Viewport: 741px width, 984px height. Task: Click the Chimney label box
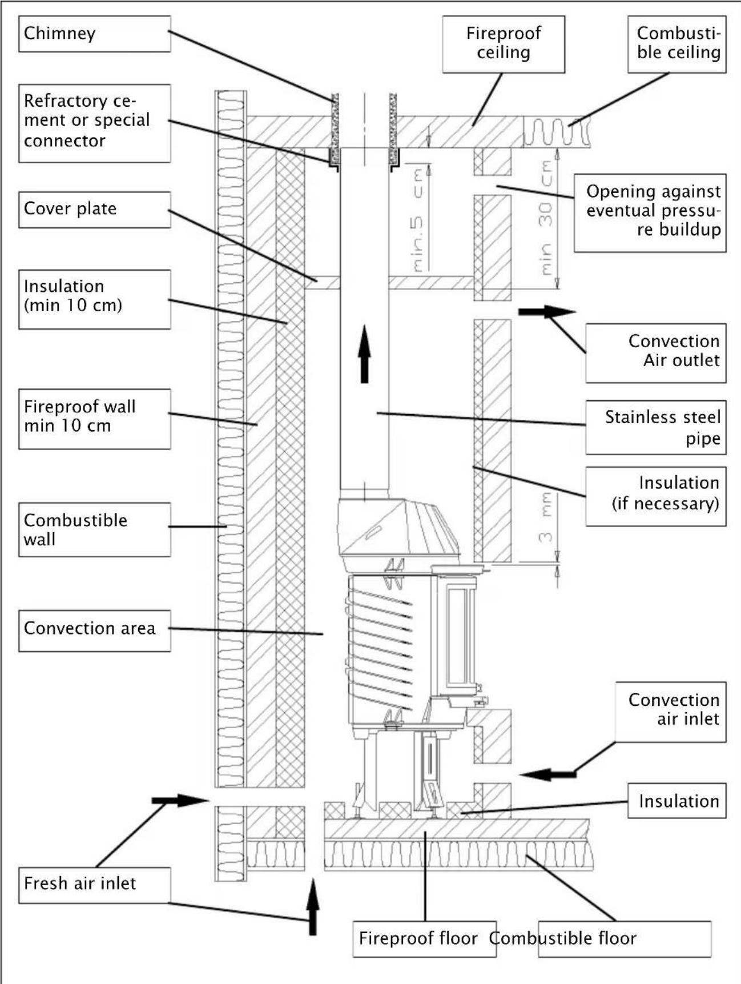click(94, 34)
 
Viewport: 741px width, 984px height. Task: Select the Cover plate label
click(94, 209)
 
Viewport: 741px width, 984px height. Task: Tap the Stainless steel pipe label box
click(655, 427)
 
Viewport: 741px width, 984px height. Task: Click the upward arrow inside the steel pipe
click(365, 354)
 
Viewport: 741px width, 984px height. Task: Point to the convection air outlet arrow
click(546, 312)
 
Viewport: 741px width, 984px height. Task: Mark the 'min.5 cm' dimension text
click(418, 220)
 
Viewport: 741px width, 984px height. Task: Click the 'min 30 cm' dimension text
click(546, 217)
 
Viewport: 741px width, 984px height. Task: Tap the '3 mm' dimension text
click(546, 517)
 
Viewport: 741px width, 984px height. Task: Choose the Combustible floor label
click(625, 938)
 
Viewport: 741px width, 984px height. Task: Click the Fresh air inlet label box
click(94, 885)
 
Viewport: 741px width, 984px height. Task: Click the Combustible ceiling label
click(676, 44)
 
